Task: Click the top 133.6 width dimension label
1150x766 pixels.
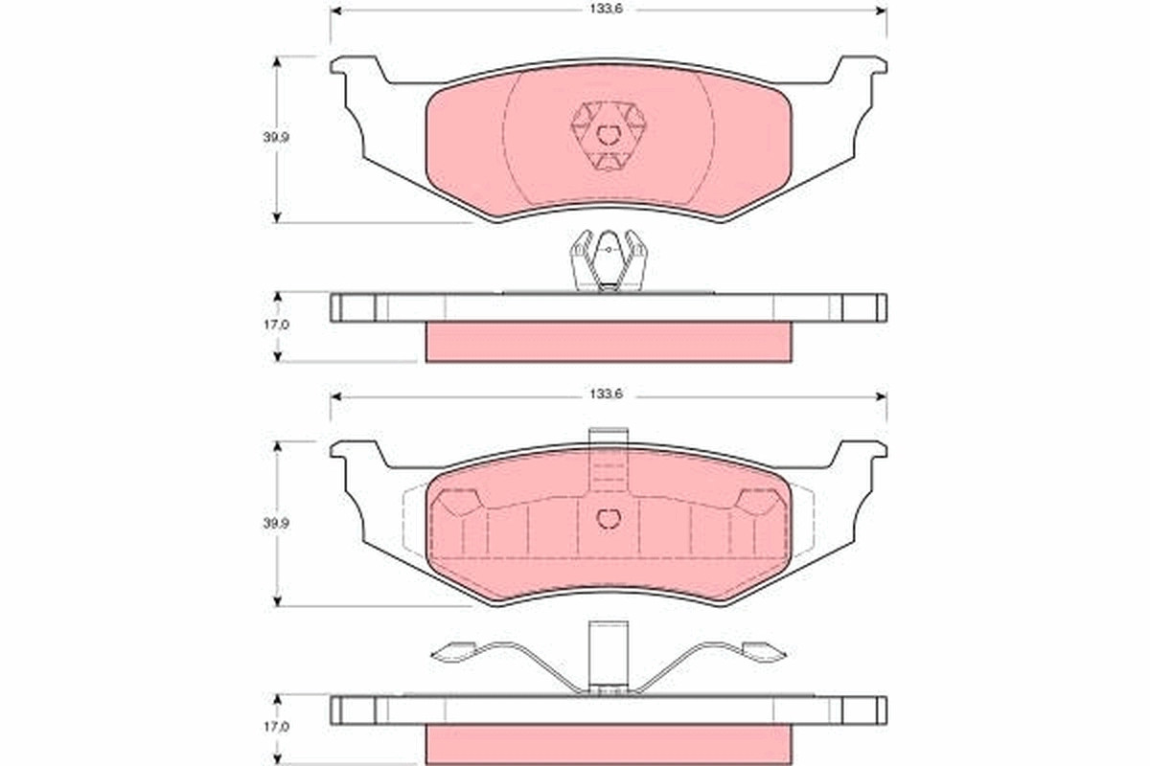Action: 606,10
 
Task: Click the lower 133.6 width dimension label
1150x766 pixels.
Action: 606,394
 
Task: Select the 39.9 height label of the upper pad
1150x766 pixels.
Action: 276,138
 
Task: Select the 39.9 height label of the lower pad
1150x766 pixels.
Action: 276,524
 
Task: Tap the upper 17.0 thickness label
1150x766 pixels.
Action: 276,325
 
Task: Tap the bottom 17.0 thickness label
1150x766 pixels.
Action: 276,727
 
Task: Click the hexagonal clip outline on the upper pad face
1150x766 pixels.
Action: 609,135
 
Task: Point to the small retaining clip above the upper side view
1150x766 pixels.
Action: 609,260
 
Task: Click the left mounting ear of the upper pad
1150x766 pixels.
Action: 359,72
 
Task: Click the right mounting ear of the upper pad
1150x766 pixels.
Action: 858,72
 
